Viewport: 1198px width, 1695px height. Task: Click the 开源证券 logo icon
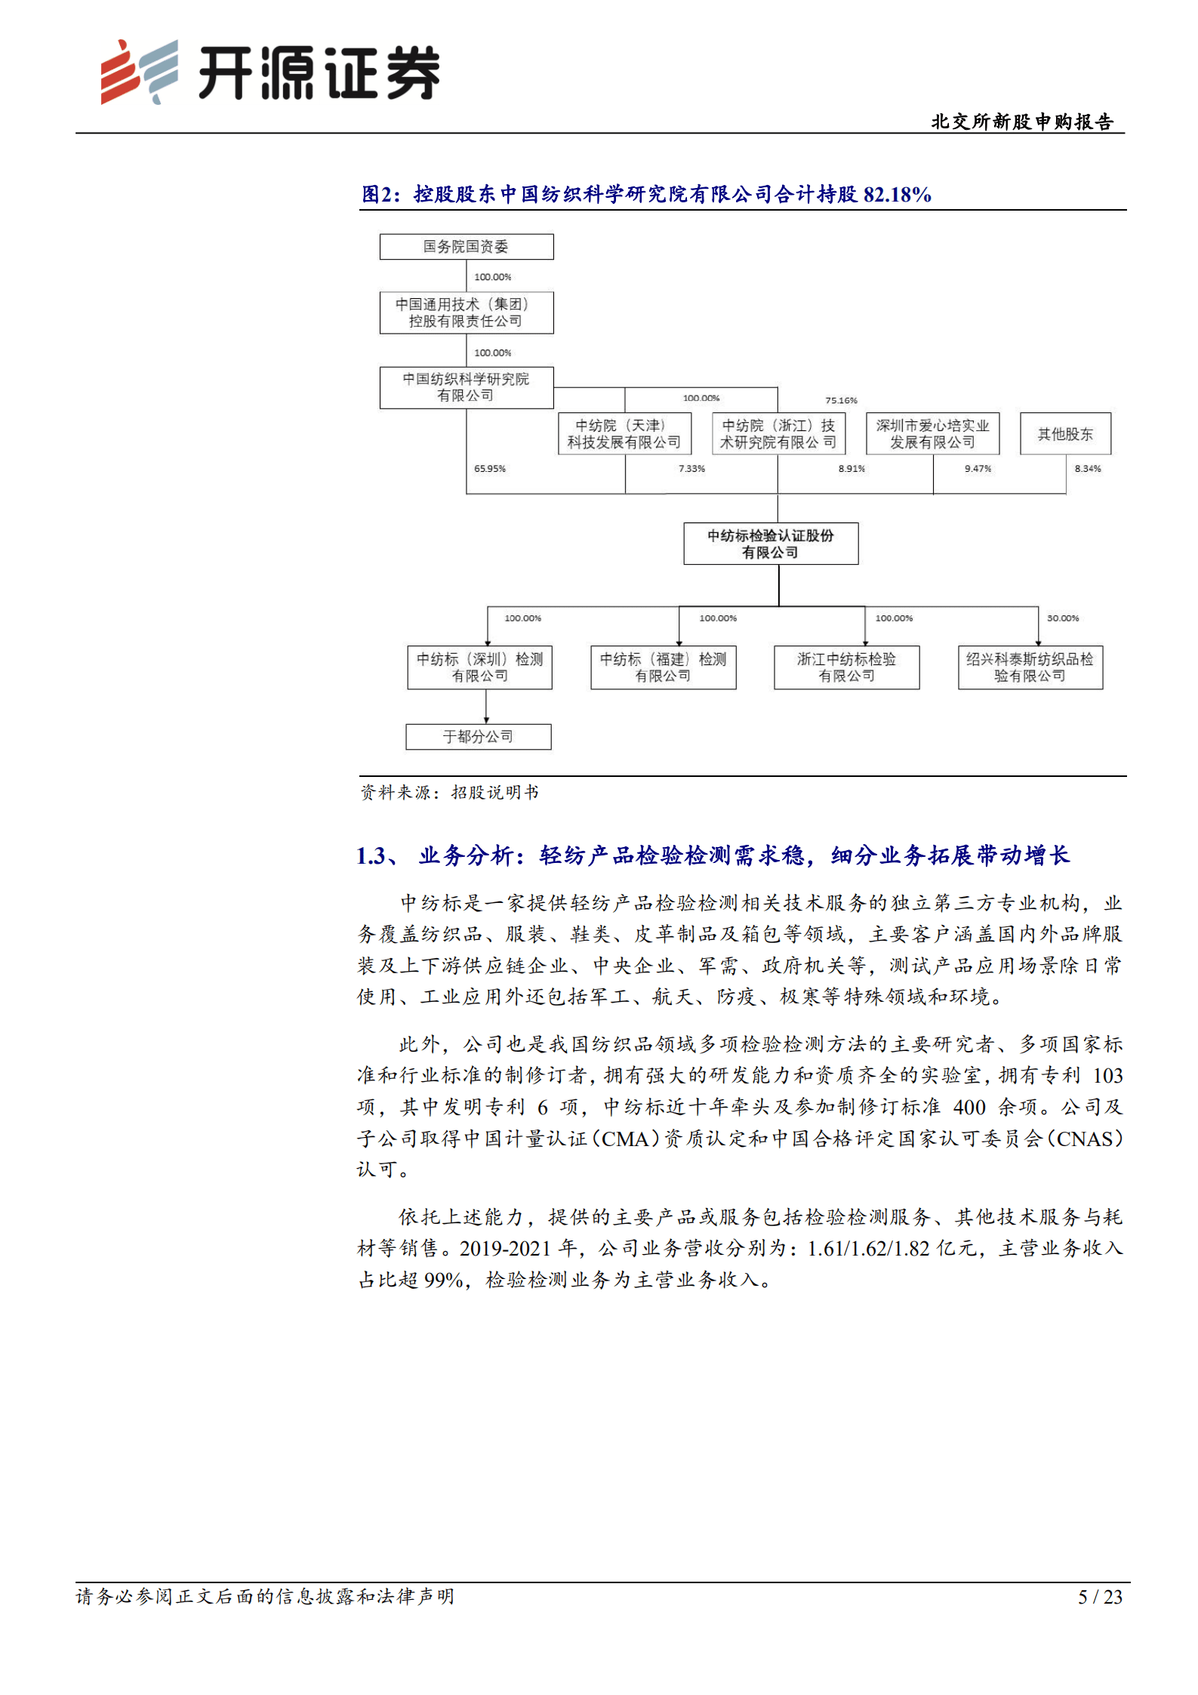click(140, 72)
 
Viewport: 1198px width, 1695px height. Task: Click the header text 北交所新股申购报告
click(1021, 122)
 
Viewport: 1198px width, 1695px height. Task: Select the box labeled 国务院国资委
click(466, 247)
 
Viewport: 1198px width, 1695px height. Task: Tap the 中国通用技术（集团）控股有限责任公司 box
click(466, 313)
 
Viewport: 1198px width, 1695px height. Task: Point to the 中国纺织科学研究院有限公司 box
click(466, 387)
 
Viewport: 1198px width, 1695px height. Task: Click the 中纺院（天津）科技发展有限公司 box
click(624, 433)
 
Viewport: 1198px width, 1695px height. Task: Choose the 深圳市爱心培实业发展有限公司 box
click(932, 433)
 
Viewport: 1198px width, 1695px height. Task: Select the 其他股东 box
click(1064, 433)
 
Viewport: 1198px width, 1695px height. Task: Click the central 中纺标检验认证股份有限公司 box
click(770, 544)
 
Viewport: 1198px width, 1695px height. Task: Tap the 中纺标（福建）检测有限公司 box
click(663, 667)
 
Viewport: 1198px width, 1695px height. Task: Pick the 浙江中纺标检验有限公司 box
click(846, 667)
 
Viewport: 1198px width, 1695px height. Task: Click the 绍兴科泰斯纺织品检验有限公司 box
click(1030, 667)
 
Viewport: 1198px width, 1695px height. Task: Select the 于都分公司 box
click(478, 737)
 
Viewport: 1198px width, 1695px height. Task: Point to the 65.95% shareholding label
click(489, 469)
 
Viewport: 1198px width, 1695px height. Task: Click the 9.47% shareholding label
click(977, 469)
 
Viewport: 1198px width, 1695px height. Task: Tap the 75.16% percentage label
click(841, 400)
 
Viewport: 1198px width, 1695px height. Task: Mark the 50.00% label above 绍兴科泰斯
click(1062, 618)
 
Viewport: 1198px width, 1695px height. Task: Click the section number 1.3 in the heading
click(372, 855)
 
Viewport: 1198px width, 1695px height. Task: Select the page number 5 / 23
click(1099, 1597)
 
